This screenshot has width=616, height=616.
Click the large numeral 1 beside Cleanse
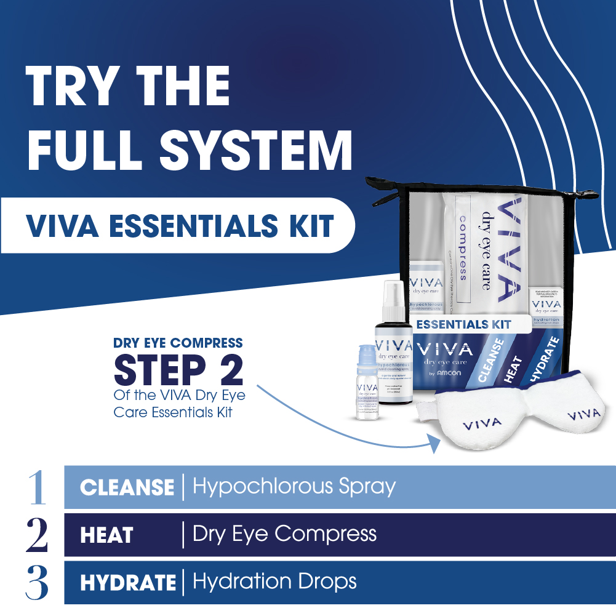click(37, 487)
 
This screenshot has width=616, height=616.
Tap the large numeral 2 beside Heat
click(37, 535)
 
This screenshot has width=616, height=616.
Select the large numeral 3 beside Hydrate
click(37, 582)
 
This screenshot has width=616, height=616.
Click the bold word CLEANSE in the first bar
click(127, 488)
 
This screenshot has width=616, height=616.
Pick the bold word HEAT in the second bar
click(106, 535)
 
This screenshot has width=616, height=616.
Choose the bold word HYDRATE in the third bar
click(128, 583)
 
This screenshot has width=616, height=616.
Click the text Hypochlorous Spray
click(294, 487)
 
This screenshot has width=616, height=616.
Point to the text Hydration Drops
click(274, 582)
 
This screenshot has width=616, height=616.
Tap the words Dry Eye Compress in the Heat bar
click(284, 534)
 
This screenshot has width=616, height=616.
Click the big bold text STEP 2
click(178, 369)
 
